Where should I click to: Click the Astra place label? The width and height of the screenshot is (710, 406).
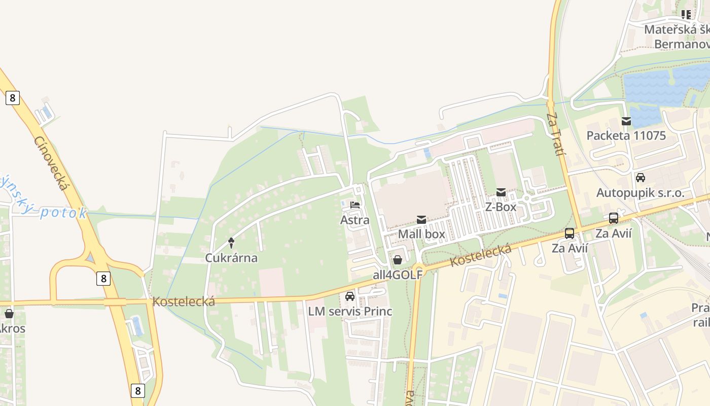point(354,220)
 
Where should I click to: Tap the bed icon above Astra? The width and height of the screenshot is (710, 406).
point(355,206)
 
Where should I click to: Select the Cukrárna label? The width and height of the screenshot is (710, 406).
point(231,258)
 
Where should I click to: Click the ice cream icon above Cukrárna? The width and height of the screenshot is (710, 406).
point(231,243)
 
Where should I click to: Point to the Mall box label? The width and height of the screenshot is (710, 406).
point(421,234)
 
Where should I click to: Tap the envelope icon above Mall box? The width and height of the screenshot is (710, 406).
point(421,220)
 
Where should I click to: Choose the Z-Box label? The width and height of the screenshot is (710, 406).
point(501,207)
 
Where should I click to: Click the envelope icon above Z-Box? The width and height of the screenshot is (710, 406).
point(501,192)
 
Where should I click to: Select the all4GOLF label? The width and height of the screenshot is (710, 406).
point(398,275)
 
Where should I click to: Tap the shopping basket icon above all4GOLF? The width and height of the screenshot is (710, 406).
point(398,260)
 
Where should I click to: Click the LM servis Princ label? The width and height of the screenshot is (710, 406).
point(350,311)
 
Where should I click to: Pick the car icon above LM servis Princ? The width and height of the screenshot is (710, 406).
point(350,296)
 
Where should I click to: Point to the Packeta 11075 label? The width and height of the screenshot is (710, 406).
point(626,136)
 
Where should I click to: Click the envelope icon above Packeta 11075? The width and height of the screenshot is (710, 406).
point(626,121)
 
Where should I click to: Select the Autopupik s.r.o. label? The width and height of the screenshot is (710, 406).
point(640,193)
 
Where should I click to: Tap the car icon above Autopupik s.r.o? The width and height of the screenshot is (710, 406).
point(641,178)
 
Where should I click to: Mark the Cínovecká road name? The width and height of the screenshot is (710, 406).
point(51,163)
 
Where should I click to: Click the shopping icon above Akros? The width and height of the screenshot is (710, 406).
point(9,314)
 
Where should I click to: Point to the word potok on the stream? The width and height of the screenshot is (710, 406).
point(63,212)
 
